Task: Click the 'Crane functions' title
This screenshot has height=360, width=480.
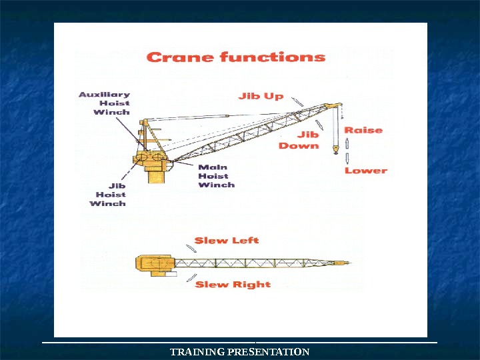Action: click(x=235, y=57)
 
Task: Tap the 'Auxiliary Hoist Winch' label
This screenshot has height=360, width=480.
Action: click(x=105, y=103)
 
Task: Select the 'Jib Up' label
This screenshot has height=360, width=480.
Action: click(x=261, y=96)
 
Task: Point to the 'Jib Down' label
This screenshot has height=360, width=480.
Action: click(x=299, y=140)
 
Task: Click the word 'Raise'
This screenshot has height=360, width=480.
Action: click(x=363, y=130)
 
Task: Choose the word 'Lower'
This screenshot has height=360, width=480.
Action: click(x=365, y=171)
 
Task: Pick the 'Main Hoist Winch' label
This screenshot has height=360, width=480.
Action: click(x=216, y=176)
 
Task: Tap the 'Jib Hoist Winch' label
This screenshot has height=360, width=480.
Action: click(x=107, y=195)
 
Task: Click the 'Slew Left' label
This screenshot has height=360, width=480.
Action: click(x=227, y=240)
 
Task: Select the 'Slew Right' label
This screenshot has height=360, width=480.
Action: click(x=233, y=285)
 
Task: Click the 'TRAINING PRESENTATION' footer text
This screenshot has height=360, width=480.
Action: click(x=240, y=351)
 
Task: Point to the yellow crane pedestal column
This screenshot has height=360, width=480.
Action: click(x=156, y=175)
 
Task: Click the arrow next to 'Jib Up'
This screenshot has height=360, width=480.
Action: click(x=298, y=101)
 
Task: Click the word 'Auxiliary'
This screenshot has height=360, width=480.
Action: click(x=105, y=94)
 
